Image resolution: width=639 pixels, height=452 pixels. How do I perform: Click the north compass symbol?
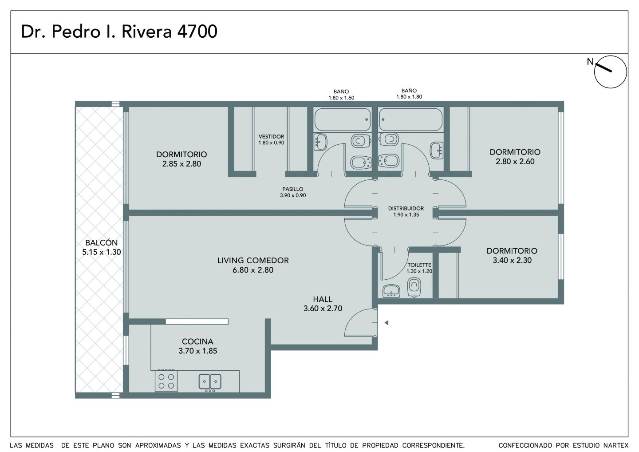click(611, 72)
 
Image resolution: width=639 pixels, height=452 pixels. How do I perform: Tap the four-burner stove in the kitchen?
click(166, 381)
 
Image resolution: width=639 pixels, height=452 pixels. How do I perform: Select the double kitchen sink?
click(210, 381)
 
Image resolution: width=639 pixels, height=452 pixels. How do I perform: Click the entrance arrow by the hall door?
click(387, 323)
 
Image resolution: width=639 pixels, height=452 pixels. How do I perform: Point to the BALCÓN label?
click(102, 242)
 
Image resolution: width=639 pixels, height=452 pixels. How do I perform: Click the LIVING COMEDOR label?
click(253, 260)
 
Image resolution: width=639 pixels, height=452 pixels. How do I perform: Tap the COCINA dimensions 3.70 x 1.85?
click(198, 351)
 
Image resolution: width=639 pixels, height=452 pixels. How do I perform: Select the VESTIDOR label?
click(271, 136)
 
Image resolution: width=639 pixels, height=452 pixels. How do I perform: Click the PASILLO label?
click(293, 189)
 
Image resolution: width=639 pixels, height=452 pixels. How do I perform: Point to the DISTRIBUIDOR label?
click(406, 208)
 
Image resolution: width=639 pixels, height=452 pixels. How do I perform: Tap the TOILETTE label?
click(419, 265)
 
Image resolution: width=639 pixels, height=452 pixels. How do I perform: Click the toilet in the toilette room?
click(414, 288)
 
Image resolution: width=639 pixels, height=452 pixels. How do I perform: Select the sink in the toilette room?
click(391, 291)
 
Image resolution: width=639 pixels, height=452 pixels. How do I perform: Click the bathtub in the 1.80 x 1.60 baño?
click(343, 119)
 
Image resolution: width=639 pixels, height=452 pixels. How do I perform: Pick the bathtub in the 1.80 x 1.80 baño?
click(411, 119)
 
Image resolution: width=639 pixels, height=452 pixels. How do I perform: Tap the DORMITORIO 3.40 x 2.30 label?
click(512, 255)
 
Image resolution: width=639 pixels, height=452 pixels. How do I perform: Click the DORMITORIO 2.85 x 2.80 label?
click(181, 159)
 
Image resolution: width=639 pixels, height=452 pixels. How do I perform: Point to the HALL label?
click(323, 299)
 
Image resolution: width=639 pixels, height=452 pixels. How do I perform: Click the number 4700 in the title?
click(197, 32)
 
